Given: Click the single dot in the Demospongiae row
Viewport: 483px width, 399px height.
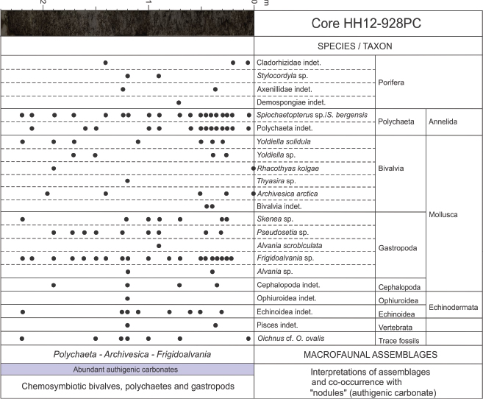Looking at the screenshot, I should click(x=179, y=102).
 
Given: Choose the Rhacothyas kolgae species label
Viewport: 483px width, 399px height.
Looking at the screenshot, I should click(x=287, y=168).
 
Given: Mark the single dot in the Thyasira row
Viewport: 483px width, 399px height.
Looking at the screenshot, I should click(x=128, y=180).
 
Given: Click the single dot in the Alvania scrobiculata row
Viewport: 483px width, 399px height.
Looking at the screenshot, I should click(x=159, y=245).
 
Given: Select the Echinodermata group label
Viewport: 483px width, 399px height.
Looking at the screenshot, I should click(x=454, y=306).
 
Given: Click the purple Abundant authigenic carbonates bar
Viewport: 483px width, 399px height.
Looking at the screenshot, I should click(x=127, y=369).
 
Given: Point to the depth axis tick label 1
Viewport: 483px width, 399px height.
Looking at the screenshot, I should click(x=149, y=4).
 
